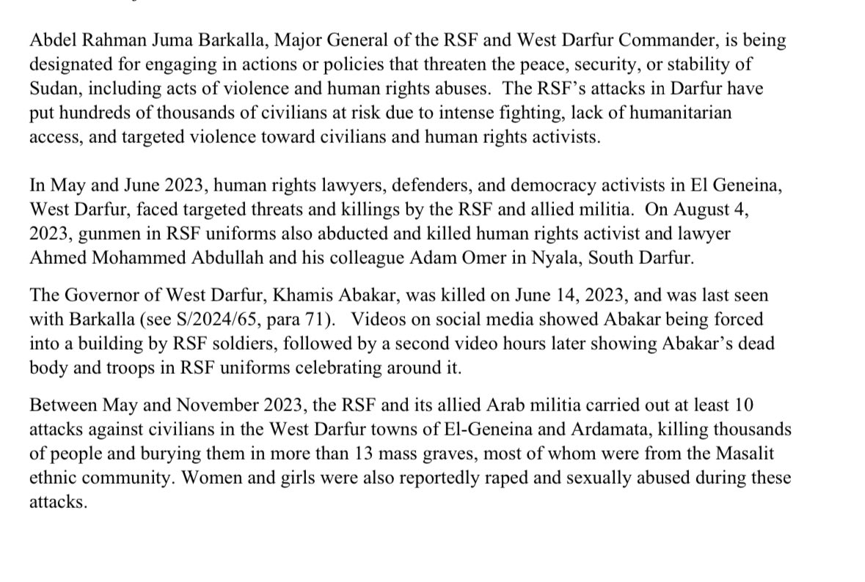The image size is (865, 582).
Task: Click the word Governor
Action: [x=94, y=296]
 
